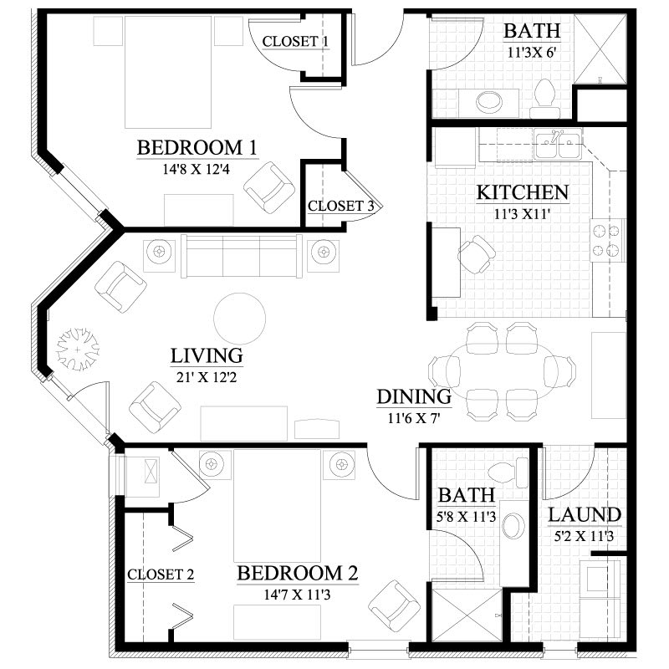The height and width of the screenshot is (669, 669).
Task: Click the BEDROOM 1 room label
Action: pyautogui.click(x=197, y=148)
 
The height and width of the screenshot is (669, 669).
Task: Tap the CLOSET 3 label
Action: pyautogui.click(x=341, y=206)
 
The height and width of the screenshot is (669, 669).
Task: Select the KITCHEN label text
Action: pyautogui.click(x=523, y=192)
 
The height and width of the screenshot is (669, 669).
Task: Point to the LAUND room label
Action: pyautogui.click(x=584, y=515)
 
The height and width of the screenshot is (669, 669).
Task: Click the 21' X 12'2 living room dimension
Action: pyautogui.click(x=207, y=377)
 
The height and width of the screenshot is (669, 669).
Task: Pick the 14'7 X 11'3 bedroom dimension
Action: pyautogui.click(x=297, y=595)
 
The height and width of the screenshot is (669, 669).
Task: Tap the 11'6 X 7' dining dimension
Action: pyautogui.click(x=414, y=418)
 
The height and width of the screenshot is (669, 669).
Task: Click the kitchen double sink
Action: pyautogui.click(x=558, y=145)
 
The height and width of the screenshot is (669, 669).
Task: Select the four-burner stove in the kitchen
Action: pyautogui.click(x=607, y=240)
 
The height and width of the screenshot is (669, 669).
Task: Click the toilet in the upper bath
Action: pyautogui.click(x=544, y=98)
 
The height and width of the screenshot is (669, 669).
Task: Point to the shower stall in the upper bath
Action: pyautogui.click(x=600, y=49)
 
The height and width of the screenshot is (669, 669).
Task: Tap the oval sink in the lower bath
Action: pyautogui.click(x=513, y=526)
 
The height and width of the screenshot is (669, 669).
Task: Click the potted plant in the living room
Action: pyautogui.click(x=78, y=350)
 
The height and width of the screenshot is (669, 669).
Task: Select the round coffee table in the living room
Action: pyautogui.click(x=240, y=319)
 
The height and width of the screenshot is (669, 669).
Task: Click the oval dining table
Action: pyautogui.click(x=502, y=370)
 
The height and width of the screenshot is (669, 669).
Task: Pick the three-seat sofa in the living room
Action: pyautogui.click(x=242, y=256)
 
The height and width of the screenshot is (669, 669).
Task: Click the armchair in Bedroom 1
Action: pyautogui.click(x=269, y=187)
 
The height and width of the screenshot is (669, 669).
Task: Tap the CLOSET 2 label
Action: pyautogui.click(x=161, y=575)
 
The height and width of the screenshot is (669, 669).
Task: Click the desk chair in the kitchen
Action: pyautogui.click(x=477, y=255)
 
